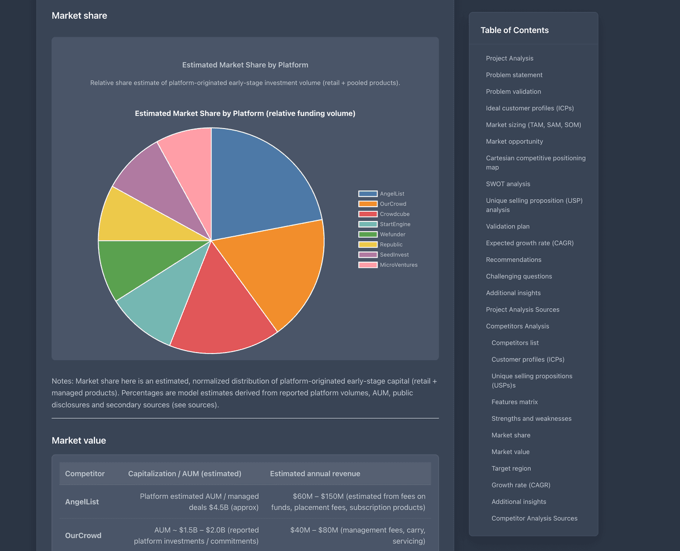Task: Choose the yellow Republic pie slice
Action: tap(128, 219)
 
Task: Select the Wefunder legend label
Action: tap(392, 234)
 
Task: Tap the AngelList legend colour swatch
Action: tap(368, 194)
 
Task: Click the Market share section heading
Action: tap(79, 16)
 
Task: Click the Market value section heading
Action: tap(79, 440)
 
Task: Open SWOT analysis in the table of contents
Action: tap(507, 184)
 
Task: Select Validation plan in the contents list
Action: tap(507, 227)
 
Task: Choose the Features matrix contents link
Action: tap(514, 402)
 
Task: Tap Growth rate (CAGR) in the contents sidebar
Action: tap(520, 485)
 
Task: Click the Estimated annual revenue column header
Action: tap(314, 473)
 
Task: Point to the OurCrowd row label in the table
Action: tap(83, 535)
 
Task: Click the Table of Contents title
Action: tap(514, 30)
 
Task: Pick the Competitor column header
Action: tap(85, 473)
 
